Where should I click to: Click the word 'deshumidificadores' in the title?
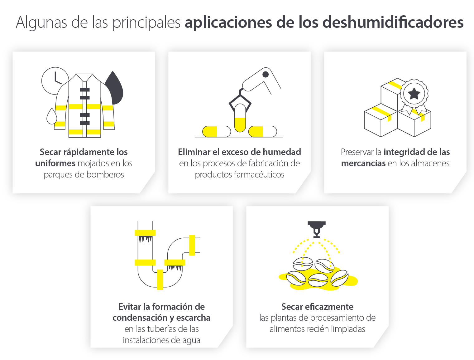pyautogui.click(x=393, y=22)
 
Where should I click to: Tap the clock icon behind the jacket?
pyautogui.click(x=51, y=78)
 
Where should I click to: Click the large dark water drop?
pyautogui.click(x=115, y=89)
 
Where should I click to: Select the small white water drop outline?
pyautogui.click(x=51, y=117)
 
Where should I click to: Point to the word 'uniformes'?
pyautogui.click(x=55, y=163)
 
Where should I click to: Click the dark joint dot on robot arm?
pyautogui.click(x=266, y=74)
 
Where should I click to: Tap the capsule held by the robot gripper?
pyautogui.click(x=240, y=118)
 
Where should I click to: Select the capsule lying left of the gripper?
pyautogui.click(x=216, y=131)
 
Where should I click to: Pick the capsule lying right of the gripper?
pyautogui.click(x=262, y=131)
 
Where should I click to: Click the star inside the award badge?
pyautogui.click(x=414, y=93)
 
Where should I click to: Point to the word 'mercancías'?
pyautogui.click(x=363, y=163)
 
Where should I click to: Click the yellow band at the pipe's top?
pyautogui.click(x=145, y=233)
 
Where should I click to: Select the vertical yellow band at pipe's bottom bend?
pyautogui.click(x=160, y=280)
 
